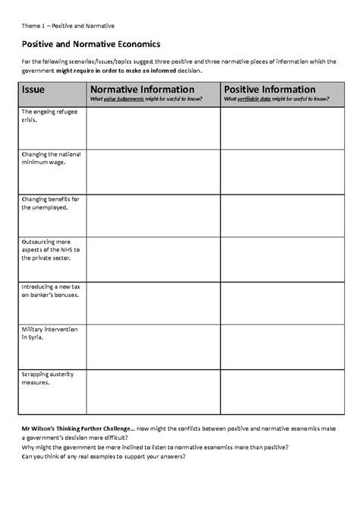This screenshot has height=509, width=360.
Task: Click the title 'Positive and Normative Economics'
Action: pyautogui.click(x=90, y=45)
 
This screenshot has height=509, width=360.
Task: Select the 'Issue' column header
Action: pyautogui.click(x=33, y=89)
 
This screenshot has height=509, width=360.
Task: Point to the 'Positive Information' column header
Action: pyautogui.click(x=270, y=89)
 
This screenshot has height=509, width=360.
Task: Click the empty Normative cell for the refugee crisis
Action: pyautogui.click(x=153, y=128)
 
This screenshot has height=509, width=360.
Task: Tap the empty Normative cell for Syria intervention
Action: pyautogui.click(x=153, y=346)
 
